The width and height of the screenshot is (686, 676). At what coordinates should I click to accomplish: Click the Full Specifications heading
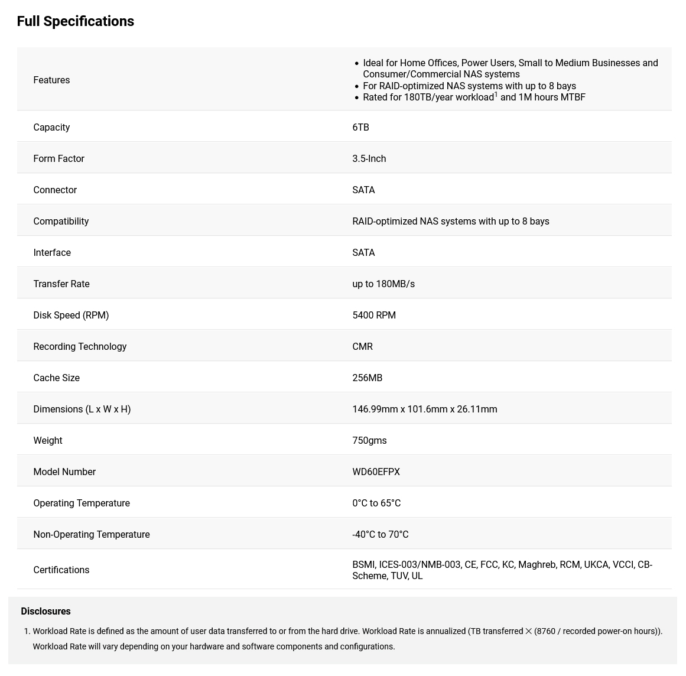76,21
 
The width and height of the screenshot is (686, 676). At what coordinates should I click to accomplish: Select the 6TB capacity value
360,127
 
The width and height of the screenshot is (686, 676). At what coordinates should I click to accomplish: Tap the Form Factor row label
58,158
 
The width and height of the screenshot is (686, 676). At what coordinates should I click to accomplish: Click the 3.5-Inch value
369,158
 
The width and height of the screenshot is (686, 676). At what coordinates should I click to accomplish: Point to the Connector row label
55,190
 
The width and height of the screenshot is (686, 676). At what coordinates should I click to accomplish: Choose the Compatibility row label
61,221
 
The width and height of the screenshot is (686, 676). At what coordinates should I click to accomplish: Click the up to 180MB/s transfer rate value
383,284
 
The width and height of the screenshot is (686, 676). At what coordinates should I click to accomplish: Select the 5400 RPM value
374,315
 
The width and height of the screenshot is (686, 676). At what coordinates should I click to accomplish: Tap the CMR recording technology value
362,346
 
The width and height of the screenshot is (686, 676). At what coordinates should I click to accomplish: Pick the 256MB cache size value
367,378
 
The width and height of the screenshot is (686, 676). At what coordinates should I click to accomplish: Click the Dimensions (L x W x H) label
82,409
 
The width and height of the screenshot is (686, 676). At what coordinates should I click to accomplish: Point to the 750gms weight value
369,440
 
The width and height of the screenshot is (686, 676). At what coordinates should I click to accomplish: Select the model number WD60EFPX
376,472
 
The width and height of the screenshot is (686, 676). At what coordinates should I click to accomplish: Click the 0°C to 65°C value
376,503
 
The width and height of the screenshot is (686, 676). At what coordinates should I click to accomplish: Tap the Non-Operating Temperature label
92,534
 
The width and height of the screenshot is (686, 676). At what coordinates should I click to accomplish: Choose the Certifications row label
61,570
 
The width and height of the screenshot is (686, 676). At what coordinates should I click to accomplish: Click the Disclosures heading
45,611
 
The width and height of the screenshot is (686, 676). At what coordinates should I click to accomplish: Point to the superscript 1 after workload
496,95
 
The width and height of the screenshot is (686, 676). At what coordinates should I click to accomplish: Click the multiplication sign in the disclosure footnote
529,631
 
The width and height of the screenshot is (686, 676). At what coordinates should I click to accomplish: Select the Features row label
51,80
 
